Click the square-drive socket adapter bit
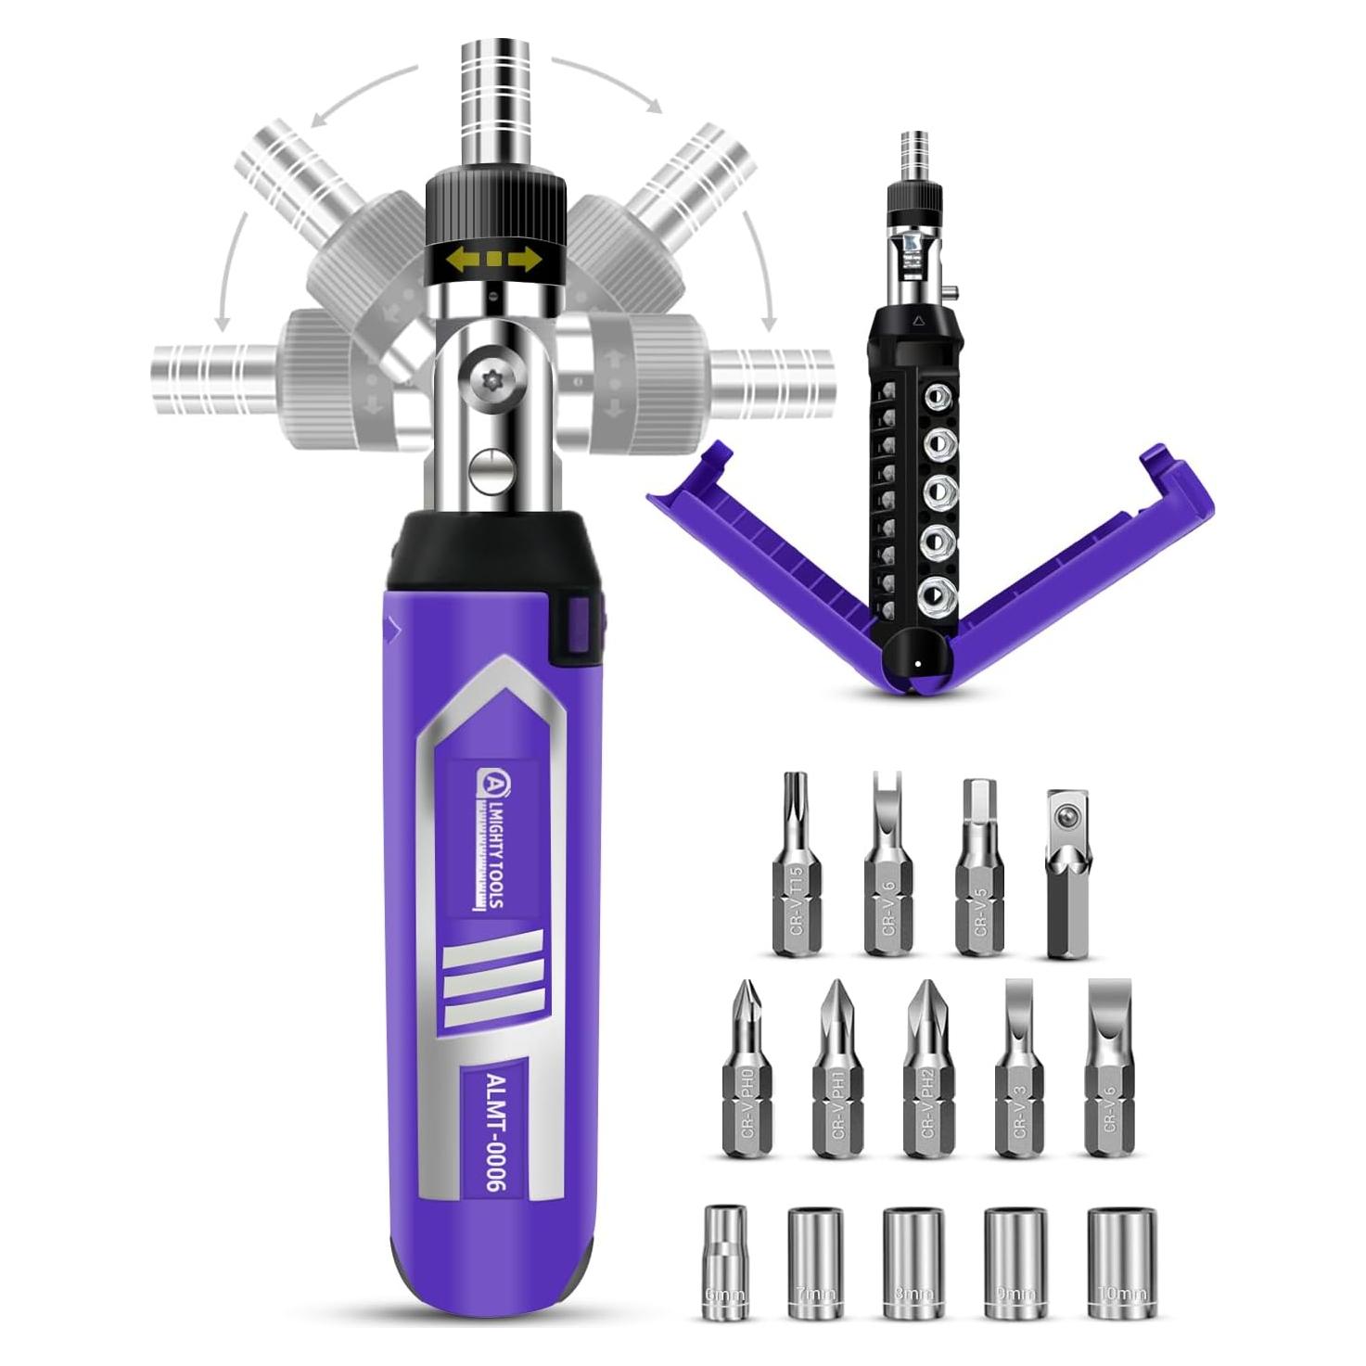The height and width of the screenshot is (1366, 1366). tap(1069, 872)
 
